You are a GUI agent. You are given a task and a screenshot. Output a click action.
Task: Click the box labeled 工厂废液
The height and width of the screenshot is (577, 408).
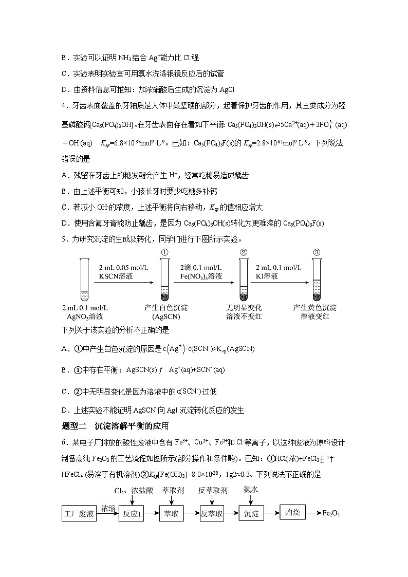pos(79,514)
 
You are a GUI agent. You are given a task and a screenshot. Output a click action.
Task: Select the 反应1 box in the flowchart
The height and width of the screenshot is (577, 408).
pos(131,514)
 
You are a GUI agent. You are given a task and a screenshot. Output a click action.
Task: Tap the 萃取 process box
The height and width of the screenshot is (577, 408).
pos(172,514)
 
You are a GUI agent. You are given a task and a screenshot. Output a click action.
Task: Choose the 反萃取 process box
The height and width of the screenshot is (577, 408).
pos(213,514)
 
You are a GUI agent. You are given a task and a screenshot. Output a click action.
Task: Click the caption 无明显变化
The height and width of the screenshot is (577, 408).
pos(244,308)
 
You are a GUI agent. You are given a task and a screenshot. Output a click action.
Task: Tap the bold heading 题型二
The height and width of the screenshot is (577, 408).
pos(74,426)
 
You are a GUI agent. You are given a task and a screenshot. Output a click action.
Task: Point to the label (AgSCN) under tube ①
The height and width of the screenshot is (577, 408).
pos(166,317)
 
